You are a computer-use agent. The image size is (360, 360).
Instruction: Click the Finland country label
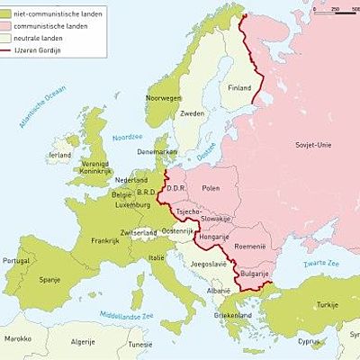(239, 88)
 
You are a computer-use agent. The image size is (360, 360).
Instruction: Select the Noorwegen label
(164, 97)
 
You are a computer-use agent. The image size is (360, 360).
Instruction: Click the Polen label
(211, 188)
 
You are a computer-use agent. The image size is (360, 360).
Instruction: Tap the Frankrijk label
(105, 240)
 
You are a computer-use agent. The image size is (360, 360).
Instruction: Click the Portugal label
(16, 261)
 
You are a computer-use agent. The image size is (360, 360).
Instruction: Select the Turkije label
(327, 306)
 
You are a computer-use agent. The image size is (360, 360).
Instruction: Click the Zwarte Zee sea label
(321, 263)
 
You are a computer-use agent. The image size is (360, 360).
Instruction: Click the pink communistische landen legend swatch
(9, 26)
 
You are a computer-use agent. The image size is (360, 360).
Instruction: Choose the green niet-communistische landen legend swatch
(9, 14)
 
